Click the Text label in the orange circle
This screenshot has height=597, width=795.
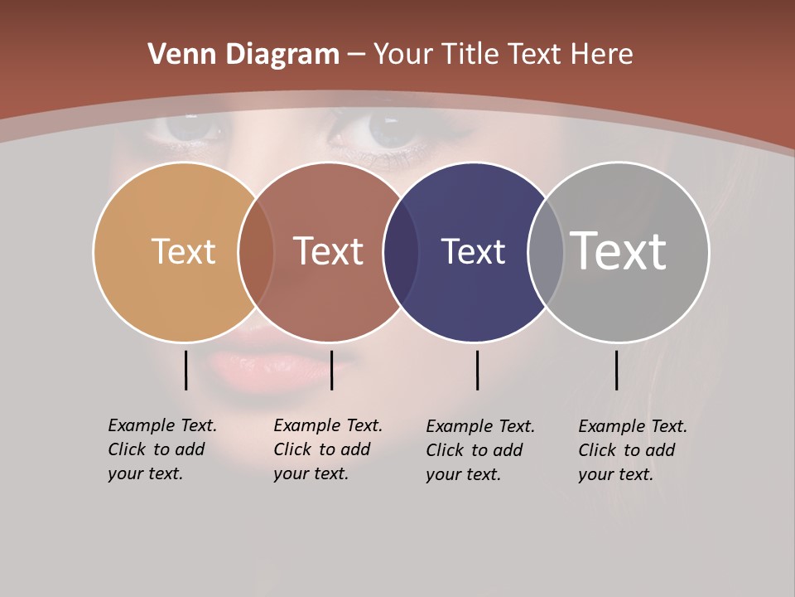pos(183,251)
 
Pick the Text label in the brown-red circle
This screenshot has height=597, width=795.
pos(328,251)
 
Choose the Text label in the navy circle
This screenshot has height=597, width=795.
pos(473,251)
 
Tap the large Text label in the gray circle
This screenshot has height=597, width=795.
pos(619,251)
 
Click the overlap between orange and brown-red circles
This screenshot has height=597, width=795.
pos(256,251)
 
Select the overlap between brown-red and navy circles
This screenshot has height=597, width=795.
pos(401,251)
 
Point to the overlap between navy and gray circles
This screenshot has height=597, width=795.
pos(545,251)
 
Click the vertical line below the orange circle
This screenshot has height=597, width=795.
pos(185,370)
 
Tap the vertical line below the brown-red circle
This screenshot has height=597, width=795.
pos(331,370)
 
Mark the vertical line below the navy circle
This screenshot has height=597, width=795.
pos(477,370)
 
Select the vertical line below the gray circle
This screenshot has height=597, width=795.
pos(616,370)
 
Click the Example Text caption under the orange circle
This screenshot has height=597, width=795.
pos(162,449)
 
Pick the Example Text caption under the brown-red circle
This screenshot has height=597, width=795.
pos(328,449)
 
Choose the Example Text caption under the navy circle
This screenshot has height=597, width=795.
pos(480,450)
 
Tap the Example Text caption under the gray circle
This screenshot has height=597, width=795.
pos(633,450)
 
